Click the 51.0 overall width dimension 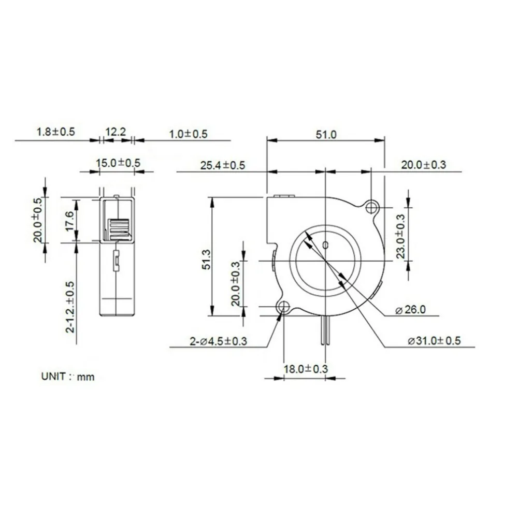326,135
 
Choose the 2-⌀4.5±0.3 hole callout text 218,341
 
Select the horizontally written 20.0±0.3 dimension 423,165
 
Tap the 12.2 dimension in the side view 116,132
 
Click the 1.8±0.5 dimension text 55,132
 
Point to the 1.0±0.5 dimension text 188,134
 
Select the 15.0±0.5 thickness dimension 118,163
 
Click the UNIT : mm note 68,377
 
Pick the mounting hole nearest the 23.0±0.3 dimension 371,208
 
